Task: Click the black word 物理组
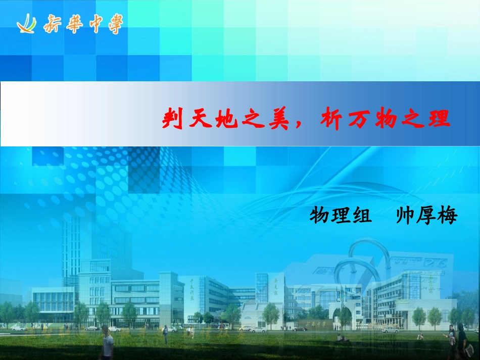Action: (x=340, y=216)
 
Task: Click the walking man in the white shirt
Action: (x=107, y=343)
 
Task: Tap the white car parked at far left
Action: (x=19, y=328)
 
